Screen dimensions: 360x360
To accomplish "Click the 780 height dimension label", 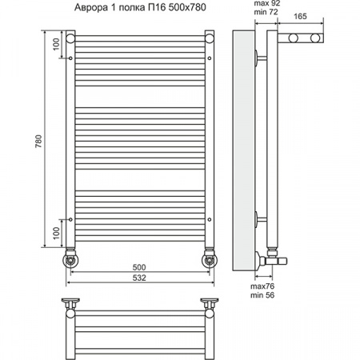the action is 38,141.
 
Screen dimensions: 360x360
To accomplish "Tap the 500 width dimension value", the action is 139,267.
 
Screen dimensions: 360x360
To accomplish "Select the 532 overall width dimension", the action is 139,278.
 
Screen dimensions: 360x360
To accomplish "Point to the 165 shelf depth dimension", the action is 300,17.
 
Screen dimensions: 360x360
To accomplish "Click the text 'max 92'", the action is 267,3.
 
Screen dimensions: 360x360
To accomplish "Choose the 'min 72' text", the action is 266,12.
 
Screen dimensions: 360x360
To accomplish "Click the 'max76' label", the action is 262,286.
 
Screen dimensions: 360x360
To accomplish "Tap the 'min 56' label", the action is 262,295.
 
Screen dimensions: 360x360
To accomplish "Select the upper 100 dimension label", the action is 56,44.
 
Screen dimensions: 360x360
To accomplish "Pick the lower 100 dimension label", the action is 56,234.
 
